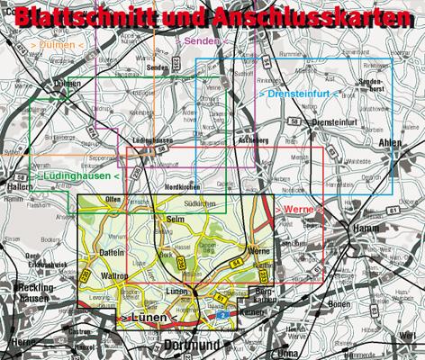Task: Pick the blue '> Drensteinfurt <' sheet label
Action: pyautogui.click(x=298, y=93)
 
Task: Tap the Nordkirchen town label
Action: pyautogui.click(x=182, y=186)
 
